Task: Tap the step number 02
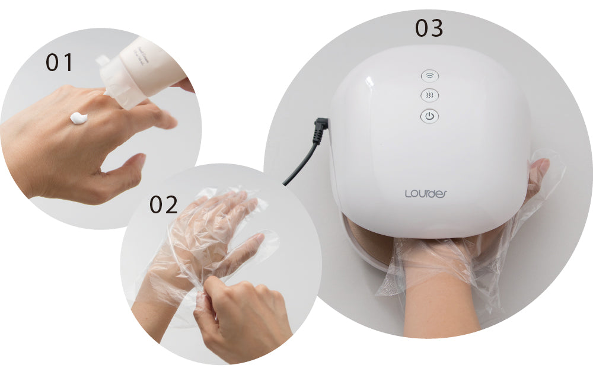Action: (x=164, y=204)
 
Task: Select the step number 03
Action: (x=429, y=28)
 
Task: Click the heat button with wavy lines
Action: (x=430, y=95)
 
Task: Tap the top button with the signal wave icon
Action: (x=430, y=76)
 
